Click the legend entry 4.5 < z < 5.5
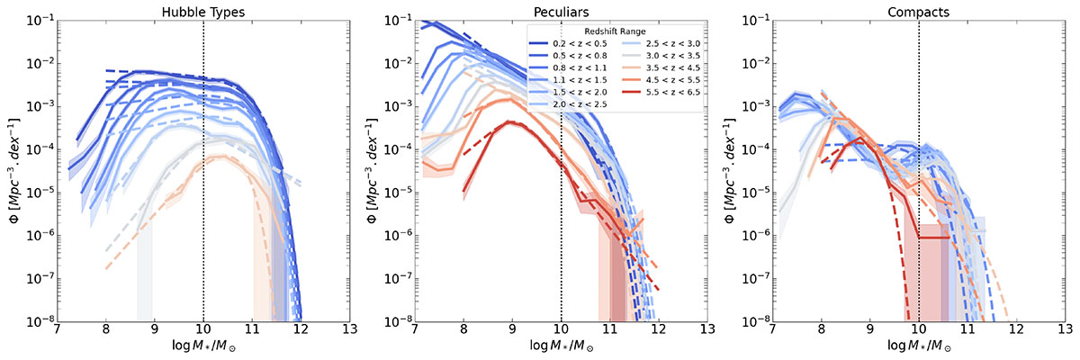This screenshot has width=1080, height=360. point(666,81)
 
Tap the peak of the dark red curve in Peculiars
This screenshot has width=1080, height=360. point(510,122)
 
